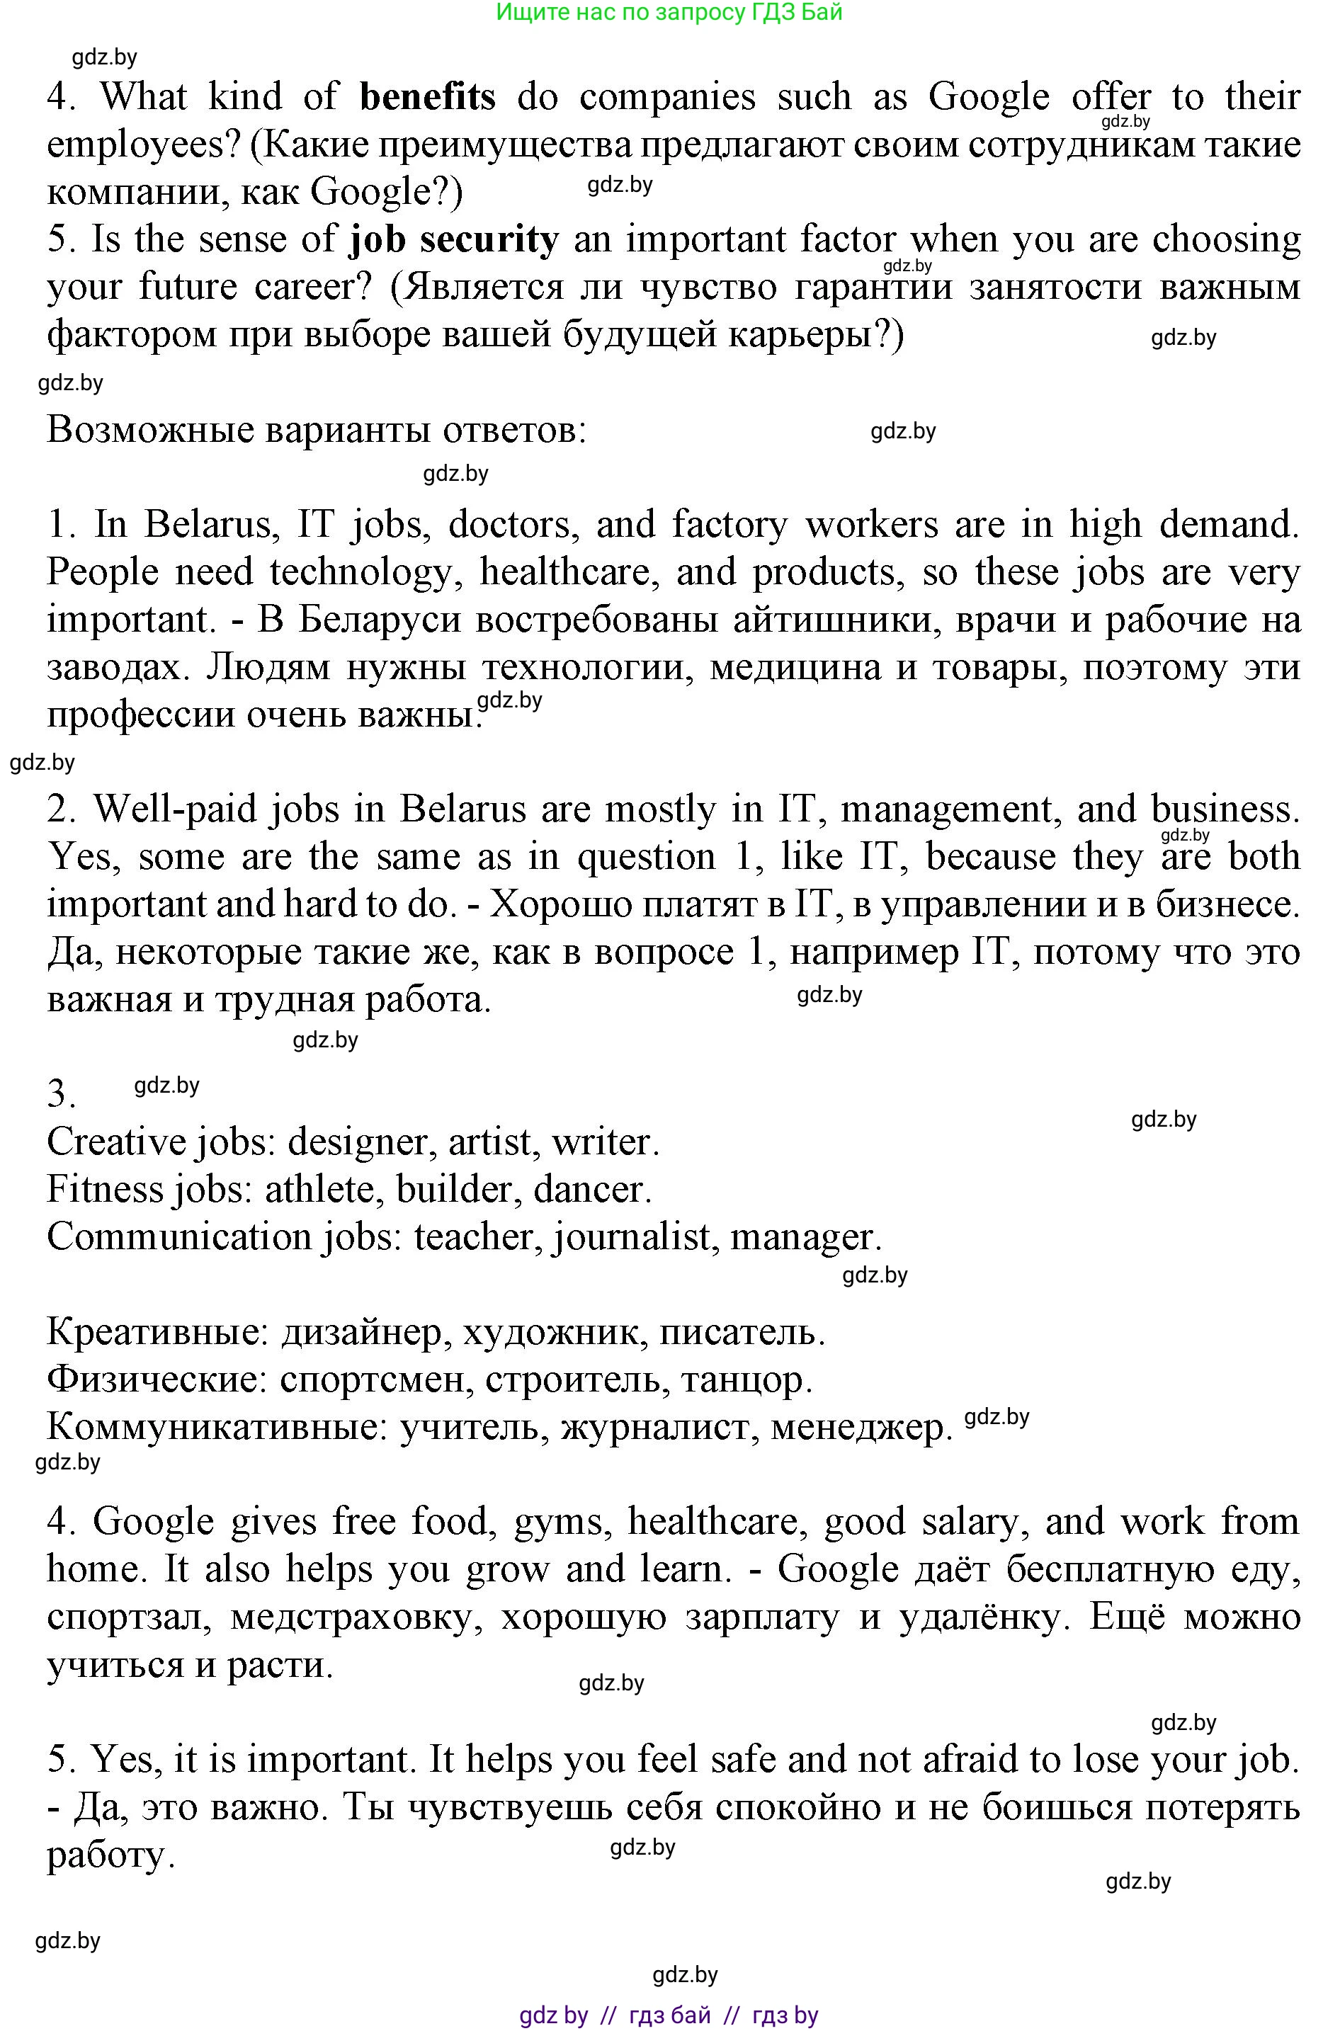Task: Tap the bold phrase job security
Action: (x=454, y=239)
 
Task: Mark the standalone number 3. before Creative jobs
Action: (x=62, y=1093)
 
